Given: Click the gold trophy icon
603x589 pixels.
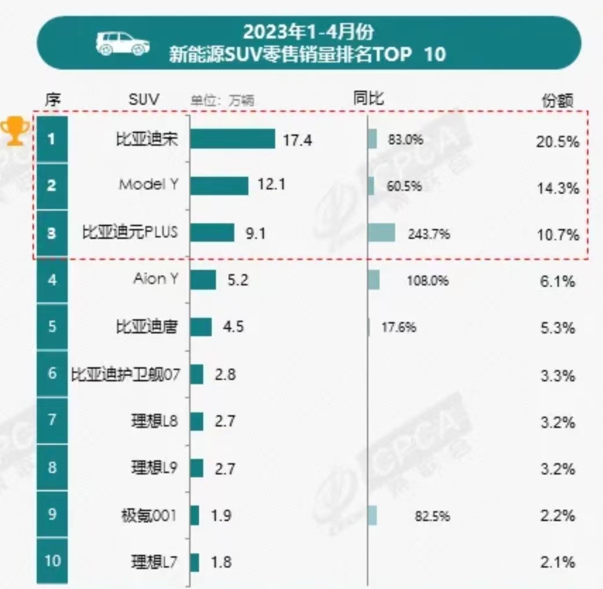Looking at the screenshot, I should [14, 130].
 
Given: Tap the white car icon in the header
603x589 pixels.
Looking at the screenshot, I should [123, 43].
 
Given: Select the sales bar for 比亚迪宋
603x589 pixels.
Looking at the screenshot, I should [232, 139].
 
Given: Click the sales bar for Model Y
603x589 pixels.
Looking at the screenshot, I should [219, 186].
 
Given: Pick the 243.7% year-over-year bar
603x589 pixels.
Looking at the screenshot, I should [382, 233].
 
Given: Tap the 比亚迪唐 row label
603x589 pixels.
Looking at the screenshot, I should [146, 327].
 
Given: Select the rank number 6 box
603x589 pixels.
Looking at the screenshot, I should [52, 374].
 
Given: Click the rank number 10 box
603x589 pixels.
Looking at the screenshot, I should [52, 561].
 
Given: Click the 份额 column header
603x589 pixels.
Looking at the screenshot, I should [557, 101].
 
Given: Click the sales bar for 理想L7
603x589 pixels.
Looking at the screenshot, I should [195, 562].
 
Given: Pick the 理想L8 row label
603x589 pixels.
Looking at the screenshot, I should [155, 421].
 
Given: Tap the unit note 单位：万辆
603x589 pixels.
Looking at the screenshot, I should [223, 100].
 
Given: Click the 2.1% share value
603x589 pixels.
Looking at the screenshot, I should [557, 562].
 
